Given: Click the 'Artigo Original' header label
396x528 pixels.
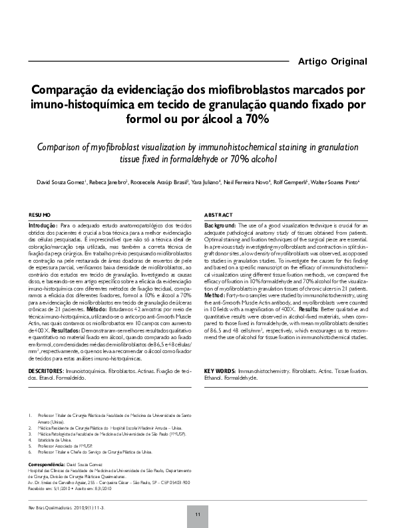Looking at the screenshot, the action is (331, 62).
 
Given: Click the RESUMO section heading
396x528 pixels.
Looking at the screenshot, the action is (39, 215).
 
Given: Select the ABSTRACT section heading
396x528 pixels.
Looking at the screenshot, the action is (218, 215).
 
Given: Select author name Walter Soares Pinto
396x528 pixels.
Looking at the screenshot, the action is (337, 182).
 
